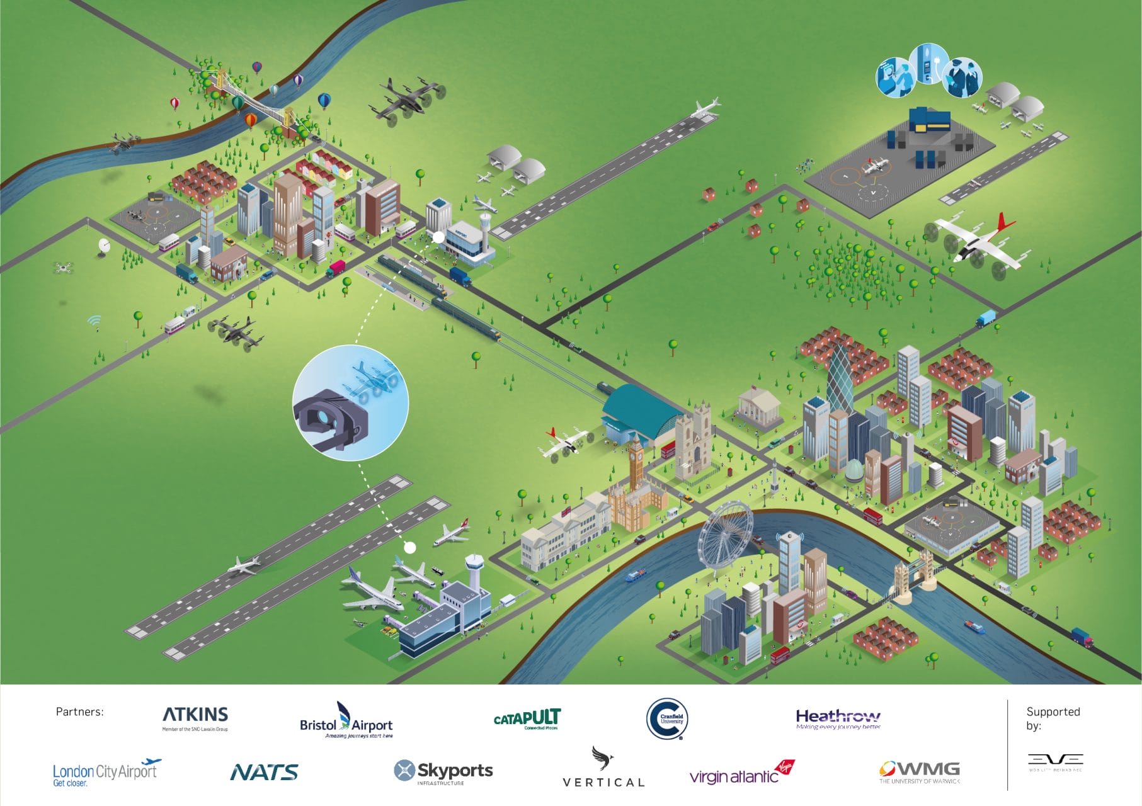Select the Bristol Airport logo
pos(346,721)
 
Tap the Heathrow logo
pos(838,718)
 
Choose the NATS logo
pos(265,772)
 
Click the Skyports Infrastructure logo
pos(443,772)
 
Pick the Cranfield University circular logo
pos(667,718)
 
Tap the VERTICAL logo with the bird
pos(603,768)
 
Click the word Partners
pos(79,712)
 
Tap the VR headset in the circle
pos(331,419)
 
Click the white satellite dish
pos(105,246)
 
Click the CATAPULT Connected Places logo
pos(527,718)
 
